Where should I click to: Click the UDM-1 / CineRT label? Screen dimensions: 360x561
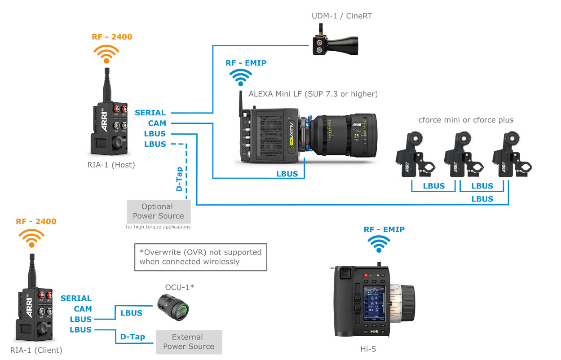point(342,16)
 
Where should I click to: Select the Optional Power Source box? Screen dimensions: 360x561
point(159,211)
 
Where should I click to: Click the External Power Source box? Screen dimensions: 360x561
point(189,342)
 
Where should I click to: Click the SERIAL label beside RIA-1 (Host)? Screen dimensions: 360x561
point(150,113)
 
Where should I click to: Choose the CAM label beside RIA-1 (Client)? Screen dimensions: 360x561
point(83,309)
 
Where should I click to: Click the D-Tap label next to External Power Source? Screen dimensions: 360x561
point(133,337)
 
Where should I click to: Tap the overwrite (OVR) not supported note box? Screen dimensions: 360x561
point(200,257)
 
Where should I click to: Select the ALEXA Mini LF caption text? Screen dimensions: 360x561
point(313,94)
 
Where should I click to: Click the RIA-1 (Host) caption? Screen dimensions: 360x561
point(111,165)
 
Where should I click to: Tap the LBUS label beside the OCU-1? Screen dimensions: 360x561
point(131,313)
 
